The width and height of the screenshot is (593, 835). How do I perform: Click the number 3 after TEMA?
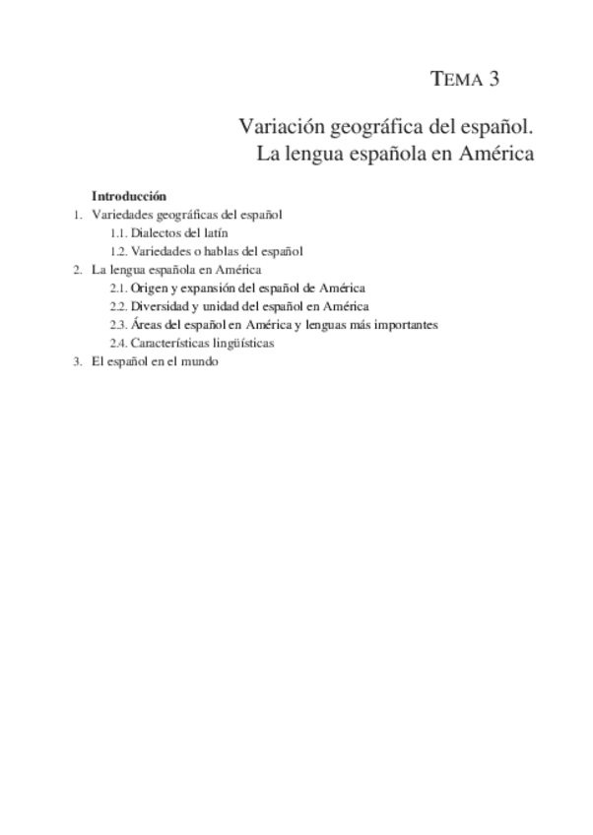click(494, 80)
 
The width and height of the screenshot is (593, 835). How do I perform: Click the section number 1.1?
click(118, 233)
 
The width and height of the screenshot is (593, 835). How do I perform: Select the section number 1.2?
click(118, 251)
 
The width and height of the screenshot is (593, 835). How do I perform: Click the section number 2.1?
click(118, 289)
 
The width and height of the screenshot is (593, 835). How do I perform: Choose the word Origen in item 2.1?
click(148, 289)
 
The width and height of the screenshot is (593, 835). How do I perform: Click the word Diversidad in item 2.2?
click(159, 306)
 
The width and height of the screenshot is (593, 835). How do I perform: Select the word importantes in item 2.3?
click(409, 324)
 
